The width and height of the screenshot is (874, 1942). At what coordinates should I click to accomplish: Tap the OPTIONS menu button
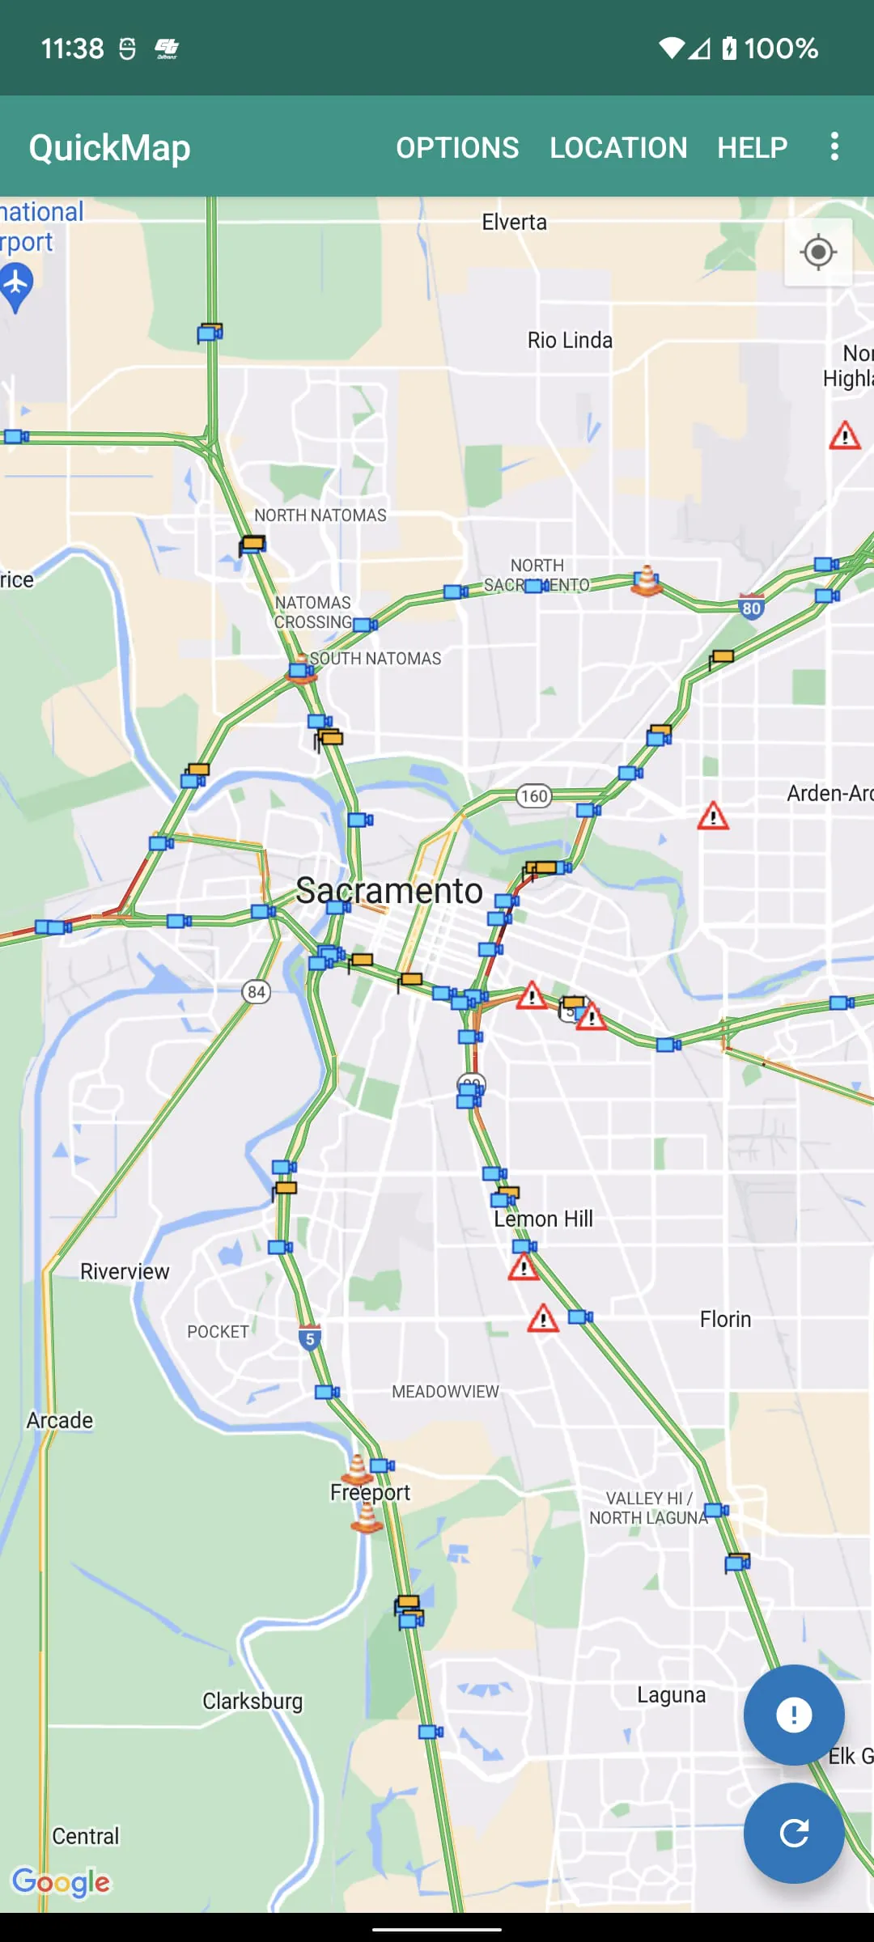[457, 148]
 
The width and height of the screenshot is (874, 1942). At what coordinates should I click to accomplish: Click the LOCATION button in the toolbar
[618, 148]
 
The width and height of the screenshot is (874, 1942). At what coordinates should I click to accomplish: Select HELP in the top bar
[752, 148]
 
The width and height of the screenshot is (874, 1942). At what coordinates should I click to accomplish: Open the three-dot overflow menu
[834, 147]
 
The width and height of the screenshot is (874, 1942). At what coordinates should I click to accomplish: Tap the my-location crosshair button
[818, 252]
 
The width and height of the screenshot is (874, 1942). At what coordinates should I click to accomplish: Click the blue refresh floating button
[794, 1833]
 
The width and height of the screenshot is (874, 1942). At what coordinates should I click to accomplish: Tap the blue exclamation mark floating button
[794, 1715]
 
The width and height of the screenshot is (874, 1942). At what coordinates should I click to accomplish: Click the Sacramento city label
[388, 891]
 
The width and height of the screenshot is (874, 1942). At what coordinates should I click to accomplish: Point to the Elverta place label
[514, 223]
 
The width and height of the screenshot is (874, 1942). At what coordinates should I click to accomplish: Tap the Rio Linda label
[570, 341]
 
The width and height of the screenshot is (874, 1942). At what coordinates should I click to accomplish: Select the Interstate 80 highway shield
[752, 607]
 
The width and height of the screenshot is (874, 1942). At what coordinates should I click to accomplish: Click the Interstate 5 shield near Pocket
[310, 1338]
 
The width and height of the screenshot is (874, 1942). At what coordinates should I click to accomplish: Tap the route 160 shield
[534, 796]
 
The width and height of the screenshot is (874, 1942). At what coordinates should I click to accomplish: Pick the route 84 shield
[257, 992]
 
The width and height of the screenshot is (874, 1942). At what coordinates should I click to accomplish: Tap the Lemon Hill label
[543, 1219]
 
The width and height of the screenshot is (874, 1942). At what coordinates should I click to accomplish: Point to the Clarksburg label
[252, 1701]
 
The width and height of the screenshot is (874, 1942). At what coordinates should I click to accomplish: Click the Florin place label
[725, 1320]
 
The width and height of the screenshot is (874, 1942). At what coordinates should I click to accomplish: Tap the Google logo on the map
[62, 1883]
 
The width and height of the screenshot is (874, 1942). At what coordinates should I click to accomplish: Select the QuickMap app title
[110, 148]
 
